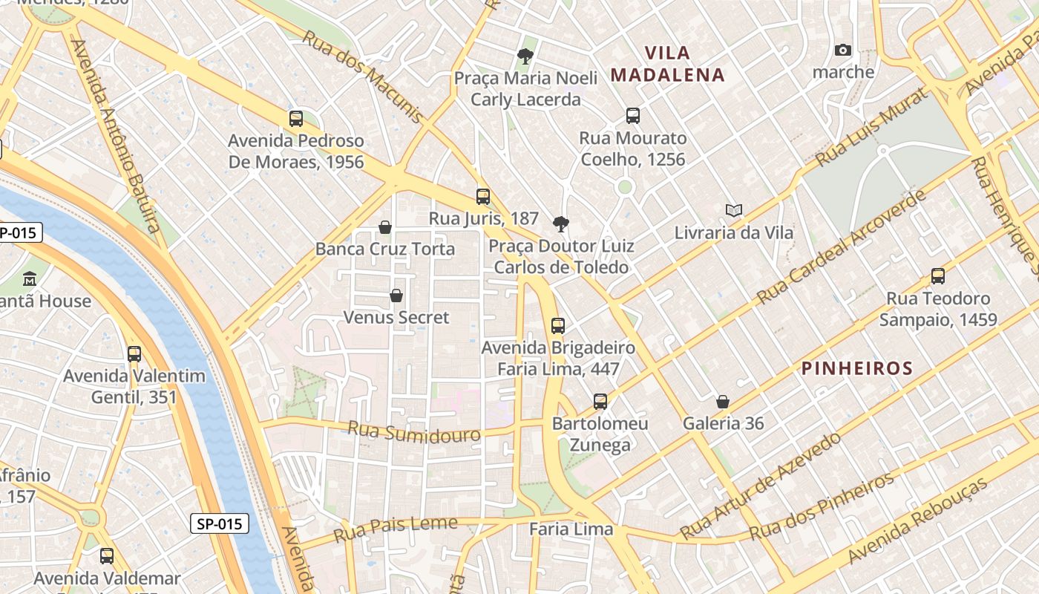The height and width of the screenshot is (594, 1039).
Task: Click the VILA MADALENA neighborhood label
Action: pos(667,64)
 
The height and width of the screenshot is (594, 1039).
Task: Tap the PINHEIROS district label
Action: pos(857,368)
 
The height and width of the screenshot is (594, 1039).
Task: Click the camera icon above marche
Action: pos(842,50)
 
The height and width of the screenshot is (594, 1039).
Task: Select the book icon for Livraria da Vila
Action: pos(734,211)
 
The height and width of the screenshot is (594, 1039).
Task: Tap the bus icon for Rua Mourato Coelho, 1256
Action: pos(632,116)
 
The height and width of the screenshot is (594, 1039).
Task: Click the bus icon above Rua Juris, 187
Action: pos(483,197)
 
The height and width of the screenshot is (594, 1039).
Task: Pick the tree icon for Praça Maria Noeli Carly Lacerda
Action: pos(525,56)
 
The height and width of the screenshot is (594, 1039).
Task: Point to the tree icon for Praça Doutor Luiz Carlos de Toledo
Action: pos(561,223)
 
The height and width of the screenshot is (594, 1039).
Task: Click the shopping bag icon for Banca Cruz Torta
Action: pos(385,227)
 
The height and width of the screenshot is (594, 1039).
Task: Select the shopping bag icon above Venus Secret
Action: pos(396,296)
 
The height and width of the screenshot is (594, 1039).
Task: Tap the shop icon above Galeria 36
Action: pos(723,402)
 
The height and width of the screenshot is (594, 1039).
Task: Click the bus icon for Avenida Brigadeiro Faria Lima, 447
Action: pos(558,326)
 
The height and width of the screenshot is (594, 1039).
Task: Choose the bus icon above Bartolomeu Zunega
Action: pos(600,402)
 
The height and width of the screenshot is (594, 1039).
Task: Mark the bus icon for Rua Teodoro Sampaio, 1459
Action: pos(938,277)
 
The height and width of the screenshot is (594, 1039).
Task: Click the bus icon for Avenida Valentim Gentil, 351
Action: pos(134,354)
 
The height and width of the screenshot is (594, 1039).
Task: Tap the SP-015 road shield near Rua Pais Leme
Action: pos(220,523)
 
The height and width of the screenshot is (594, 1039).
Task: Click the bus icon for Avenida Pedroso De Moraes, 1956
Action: pos(296,119)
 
